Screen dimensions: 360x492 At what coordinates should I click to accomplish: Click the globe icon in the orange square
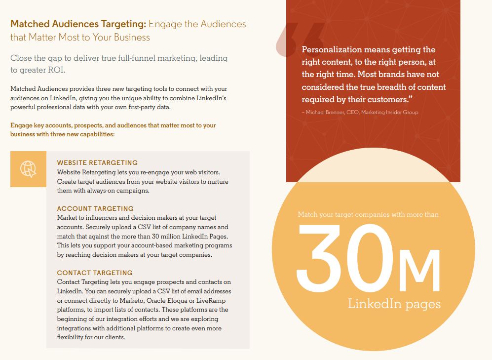click(28, 169)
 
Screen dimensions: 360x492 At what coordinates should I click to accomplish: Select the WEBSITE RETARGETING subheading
click(97, 162)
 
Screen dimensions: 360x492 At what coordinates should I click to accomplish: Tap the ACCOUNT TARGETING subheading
click(95, 208)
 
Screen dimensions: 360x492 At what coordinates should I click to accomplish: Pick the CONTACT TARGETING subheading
click(95, 273)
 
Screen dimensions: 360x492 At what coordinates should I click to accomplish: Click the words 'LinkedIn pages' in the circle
click(394, 303)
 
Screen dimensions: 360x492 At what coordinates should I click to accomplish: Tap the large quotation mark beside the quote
click(298, 39)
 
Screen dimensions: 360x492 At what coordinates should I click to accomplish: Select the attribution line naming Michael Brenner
click(360, 112)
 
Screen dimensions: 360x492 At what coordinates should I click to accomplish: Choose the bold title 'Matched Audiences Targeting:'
click(78, 24)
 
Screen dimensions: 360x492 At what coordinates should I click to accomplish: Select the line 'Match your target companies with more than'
click(368, 214)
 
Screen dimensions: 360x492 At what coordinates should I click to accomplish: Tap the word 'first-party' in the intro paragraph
click(151, 107)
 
